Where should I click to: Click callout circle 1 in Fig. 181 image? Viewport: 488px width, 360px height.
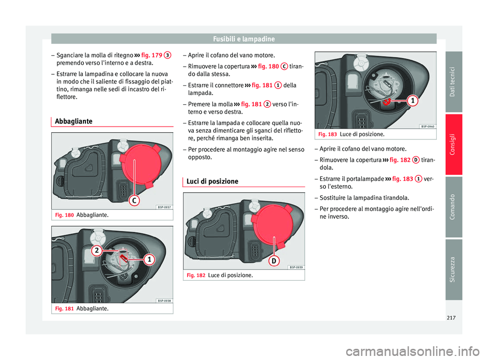click(149, 260)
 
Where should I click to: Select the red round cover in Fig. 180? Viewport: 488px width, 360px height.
click(134, 163)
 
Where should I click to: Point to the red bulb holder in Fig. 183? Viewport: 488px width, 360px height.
click(387, 101)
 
